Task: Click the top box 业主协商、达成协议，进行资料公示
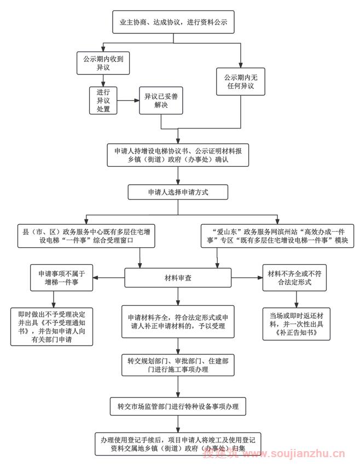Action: [175, 24]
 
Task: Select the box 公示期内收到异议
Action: [103, 62]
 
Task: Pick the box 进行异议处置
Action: [103, 100]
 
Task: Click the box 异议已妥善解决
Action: [160, 101]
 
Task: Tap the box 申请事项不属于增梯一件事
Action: [62, 278]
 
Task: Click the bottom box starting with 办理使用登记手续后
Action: [178, 443]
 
